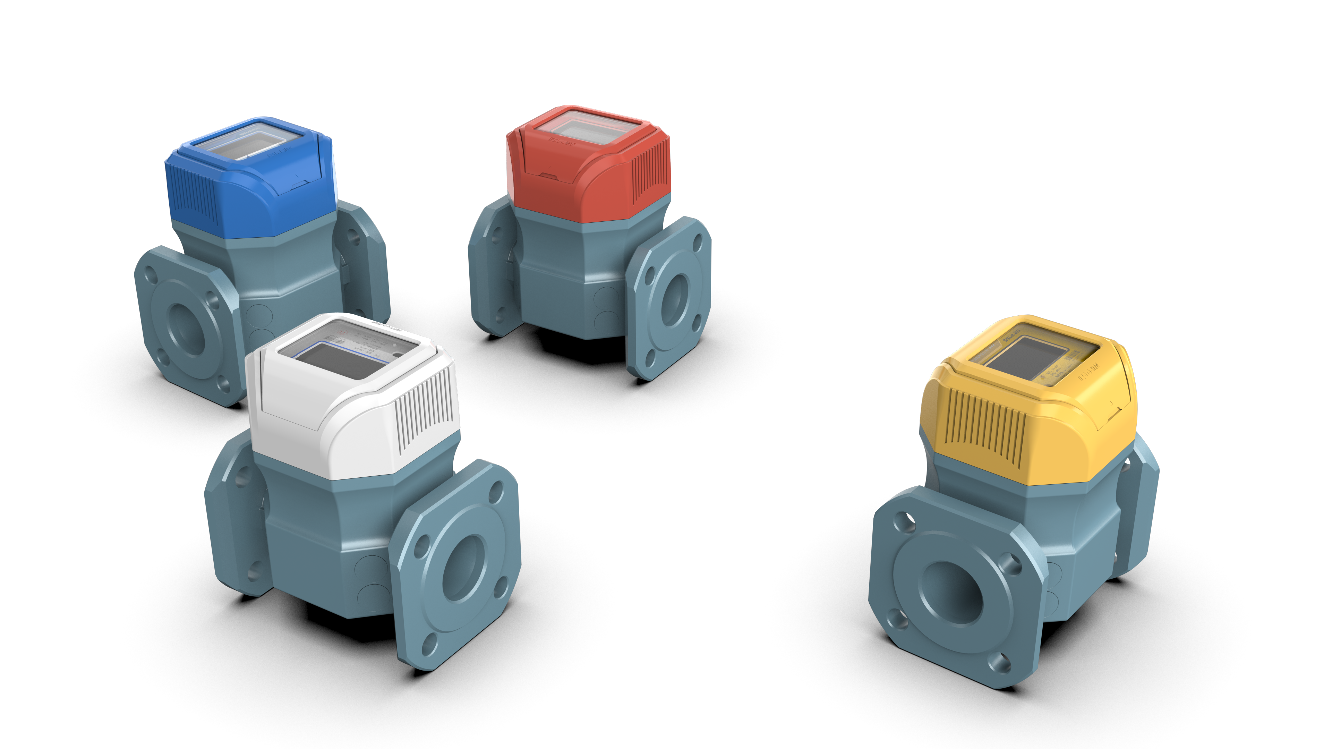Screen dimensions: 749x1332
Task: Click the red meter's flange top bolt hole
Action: click(697, 242)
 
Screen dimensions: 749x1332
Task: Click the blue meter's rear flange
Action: click(362, 259)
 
